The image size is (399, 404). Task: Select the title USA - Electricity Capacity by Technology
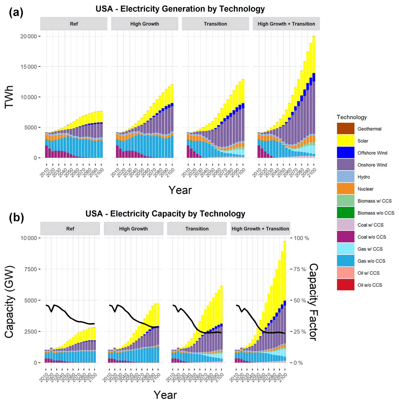pyautogui.click(x=165, y=214)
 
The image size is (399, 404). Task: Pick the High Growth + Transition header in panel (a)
pyautogui.click(x=286, y=24)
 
